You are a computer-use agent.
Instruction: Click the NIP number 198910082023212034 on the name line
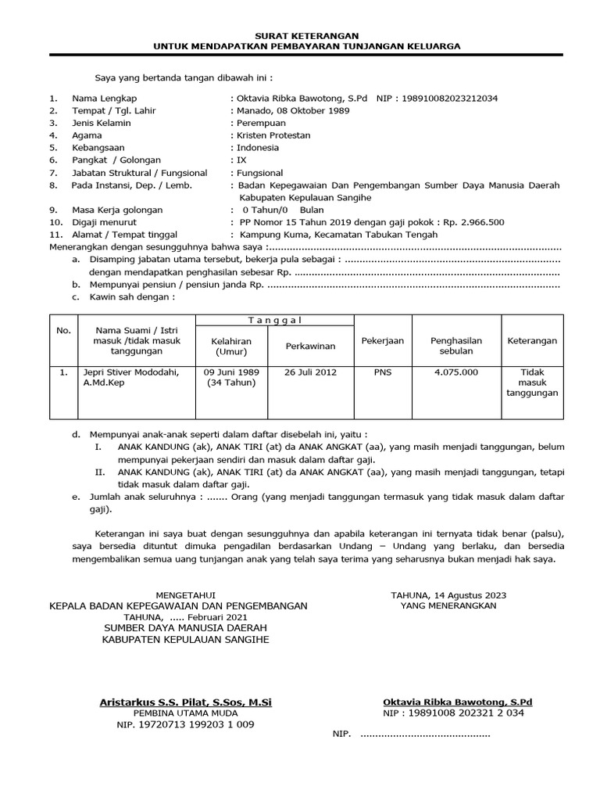coord(448,99)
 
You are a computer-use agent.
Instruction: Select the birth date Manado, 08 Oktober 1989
coord(293,110)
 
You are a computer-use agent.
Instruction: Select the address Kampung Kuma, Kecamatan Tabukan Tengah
coord(338,234)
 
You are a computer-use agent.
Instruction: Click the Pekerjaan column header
coord(382,340)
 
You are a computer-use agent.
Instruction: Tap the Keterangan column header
coord(532,340)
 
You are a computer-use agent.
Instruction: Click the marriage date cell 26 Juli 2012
coord(310,372)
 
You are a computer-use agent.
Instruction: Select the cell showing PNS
coord(383,372)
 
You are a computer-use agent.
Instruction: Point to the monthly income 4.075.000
coord(455,372)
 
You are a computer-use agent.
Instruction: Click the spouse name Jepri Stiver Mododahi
coord(130,372)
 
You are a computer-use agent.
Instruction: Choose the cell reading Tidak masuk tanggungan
coord(532,383)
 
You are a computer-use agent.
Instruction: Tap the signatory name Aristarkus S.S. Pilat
coord(185,702)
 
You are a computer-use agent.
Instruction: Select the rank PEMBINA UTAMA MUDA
coord(185,713)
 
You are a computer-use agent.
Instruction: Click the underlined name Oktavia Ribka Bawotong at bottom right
coord(457,702)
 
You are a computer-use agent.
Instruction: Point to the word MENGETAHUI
coord(185,594)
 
